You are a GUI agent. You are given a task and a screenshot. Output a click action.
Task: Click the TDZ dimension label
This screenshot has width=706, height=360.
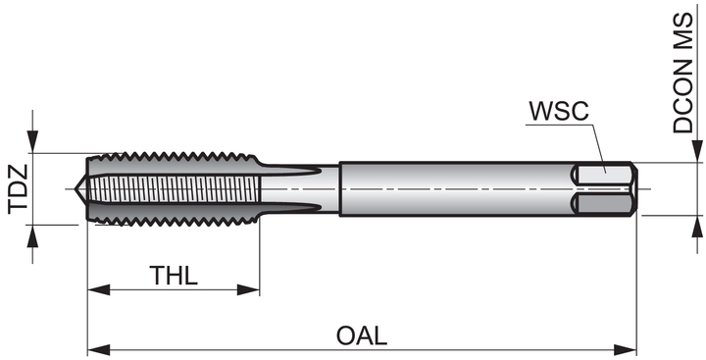(19, 189)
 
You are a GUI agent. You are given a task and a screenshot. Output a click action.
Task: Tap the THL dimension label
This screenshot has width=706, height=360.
(174, 276)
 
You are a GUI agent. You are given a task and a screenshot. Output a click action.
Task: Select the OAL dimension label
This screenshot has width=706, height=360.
(362, 335)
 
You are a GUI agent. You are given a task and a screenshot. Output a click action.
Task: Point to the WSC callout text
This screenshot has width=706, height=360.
(559, 111)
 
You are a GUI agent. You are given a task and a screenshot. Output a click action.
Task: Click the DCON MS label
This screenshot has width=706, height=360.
(683, 73)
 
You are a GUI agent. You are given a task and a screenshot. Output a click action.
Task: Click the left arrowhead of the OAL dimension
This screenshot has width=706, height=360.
(99, 349)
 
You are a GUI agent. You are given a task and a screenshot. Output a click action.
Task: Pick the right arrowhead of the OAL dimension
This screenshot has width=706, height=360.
(626, 349)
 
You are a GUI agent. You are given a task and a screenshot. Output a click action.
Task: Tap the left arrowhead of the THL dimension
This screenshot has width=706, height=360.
(99, 289)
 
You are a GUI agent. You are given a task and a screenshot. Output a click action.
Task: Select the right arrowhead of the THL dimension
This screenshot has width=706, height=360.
(248, 289)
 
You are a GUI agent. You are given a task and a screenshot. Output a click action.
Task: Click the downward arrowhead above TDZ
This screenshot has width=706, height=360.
(32, 141)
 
